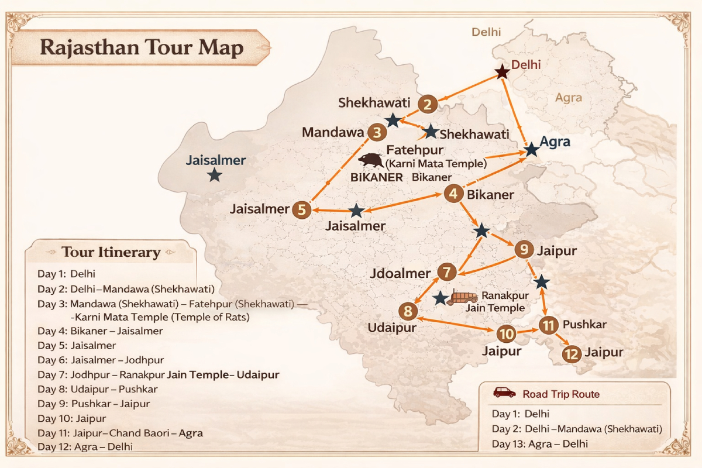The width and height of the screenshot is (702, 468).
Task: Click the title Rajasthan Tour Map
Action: click(x=141, y=48)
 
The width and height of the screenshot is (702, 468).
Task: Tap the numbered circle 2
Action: click(x=428, y=105)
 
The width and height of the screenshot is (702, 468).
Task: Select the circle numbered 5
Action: click(x=301, y=209)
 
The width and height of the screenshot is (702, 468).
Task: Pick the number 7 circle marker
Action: click(x=446, y=272)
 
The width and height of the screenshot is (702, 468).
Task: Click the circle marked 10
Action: click(x=506, y=334)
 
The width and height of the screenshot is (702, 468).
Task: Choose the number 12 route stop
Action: click(x=572, y=353)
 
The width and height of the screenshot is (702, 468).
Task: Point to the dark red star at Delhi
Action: click(x=502, y=72)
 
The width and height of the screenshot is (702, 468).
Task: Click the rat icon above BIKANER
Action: click(x=371, y=160)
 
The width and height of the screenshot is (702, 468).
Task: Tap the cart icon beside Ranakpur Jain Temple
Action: click(x=459, y=298)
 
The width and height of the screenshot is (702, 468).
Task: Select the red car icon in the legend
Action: click(x=504, y=393)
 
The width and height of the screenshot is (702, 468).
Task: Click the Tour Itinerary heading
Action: click(x=111, y=252)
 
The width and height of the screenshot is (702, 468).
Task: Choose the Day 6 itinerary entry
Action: click(x=101, y=360)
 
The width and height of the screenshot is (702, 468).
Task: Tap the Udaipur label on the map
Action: click(x=391, y=327)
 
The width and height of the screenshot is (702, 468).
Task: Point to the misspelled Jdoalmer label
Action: click(x=401, y=273)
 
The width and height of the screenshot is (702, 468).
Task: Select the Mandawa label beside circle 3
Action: click(x=332, y=133)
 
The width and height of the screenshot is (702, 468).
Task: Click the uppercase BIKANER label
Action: click(x=376, y=177)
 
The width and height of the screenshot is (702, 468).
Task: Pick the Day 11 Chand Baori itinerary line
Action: click(x=120, y=433)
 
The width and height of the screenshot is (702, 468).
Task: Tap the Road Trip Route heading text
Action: click(x=561, y=394)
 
